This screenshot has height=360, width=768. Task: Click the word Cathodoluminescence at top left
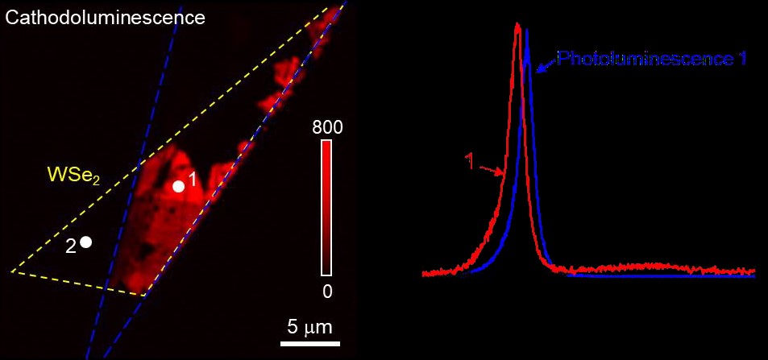[x=105, y=16]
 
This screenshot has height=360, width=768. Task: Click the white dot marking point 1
[x=179, y=186]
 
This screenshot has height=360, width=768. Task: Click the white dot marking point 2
[x=86, y=242]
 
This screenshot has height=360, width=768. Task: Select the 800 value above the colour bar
[x=327, y=127]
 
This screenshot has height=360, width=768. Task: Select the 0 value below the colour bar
[x=327, y=292]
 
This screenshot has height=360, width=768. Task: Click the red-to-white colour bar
[x=327, y=209]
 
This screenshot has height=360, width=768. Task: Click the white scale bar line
[x=309, y=342]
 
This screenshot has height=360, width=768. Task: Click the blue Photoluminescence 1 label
[x=653, y=59]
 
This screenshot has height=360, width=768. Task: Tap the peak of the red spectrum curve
[x=517, y=24]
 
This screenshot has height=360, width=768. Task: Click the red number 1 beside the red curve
[x=469, y=161]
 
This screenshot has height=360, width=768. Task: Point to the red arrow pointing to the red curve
[x=493, y=169]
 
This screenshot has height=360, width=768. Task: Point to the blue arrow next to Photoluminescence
[x=546, y=64]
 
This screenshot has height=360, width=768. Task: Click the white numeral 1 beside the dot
[x=193, y=179]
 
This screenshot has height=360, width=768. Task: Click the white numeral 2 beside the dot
[x=71, y=247]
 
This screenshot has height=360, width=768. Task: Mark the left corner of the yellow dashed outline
[x=11, y=271]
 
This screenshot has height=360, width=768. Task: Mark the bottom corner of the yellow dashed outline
[x=144, y=296]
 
